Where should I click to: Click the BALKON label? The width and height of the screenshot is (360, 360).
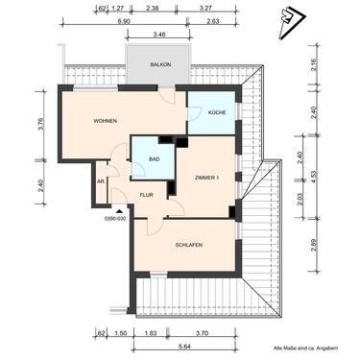click(159, 64)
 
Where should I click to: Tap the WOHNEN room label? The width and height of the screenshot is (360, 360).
click(106, 121)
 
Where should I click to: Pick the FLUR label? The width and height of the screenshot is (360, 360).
click(146, 195)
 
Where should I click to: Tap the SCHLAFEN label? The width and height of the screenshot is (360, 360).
click(188, 245)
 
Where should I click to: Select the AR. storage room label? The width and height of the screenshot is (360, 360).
click(100, 180)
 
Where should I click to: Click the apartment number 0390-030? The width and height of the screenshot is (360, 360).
click(115, 218)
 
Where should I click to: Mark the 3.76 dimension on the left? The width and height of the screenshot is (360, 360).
click(39, 126)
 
